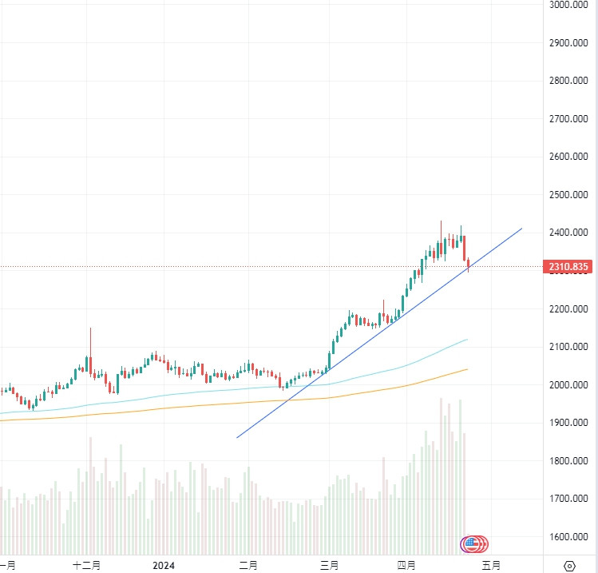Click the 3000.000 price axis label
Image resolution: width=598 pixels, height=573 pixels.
pos(569,5)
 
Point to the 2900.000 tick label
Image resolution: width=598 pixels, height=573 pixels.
pos(569,42)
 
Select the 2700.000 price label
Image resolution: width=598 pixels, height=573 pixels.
pos(569,118)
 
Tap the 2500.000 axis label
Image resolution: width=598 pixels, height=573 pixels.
pos(569,194)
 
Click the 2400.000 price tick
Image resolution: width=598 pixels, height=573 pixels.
pos(569,233)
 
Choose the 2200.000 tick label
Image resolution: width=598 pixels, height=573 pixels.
pos(569,308)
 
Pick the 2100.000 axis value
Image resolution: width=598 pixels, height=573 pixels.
pos(569,347)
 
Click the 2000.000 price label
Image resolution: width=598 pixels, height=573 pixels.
pos(569,384)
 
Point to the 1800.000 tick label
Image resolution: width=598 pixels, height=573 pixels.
pos(569,460)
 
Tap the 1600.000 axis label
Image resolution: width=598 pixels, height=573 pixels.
pos(569,536)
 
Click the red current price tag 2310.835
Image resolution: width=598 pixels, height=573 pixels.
pos(568,266)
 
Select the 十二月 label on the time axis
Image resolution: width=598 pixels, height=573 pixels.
pos(86,565)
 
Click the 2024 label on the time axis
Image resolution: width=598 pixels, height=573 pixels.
pos(163,565)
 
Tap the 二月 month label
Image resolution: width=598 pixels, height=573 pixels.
pos(248,565)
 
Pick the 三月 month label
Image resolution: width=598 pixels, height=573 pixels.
pos(329,565)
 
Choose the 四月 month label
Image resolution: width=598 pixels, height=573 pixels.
pos(406,565)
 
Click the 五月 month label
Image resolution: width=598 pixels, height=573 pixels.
pos(491,565)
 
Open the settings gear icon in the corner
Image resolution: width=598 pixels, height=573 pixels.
pos(569,565)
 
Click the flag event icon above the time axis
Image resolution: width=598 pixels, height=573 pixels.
pos(473,543)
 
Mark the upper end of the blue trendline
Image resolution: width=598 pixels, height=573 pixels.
pos(521,229)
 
